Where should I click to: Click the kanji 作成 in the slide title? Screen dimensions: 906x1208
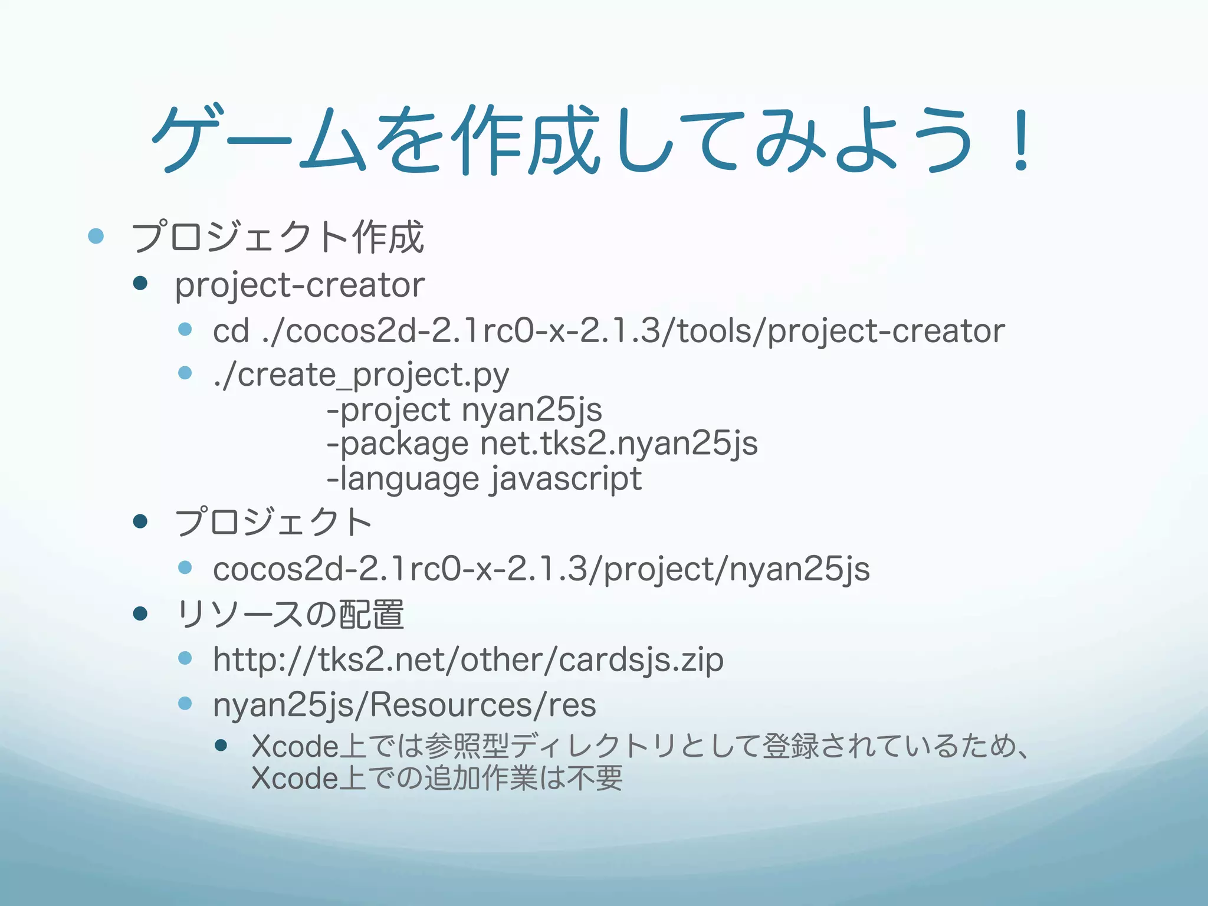[x=526, y=140]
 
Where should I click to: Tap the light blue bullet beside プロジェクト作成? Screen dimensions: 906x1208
[x=96, y=237]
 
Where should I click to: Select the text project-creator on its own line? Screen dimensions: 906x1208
[x=300, y=285]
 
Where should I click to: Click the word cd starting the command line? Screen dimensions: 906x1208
[x=231, y=331]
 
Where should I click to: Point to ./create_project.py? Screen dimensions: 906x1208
[x=361, y=375]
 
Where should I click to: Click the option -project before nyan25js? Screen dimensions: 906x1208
[x=389, y=410]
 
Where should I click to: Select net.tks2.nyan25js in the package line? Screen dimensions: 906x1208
[x=618, y=444]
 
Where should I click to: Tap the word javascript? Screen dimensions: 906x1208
[x=566, y=478]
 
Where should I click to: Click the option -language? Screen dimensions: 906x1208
[x=403, y=478]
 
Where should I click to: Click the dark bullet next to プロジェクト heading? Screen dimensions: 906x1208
[x=140, y=521]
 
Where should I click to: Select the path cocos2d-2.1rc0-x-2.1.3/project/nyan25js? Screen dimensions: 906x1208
[x=541, y=570]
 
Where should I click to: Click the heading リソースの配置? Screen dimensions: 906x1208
[x=290, y=615]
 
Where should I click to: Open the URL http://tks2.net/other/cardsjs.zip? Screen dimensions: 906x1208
[x=468, y=659]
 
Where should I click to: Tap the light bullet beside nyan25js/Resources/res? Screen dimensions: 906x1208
[x=185, y=703]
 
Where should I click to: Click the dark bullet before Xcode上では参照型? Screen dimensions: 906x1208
[x=221, y=746]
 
